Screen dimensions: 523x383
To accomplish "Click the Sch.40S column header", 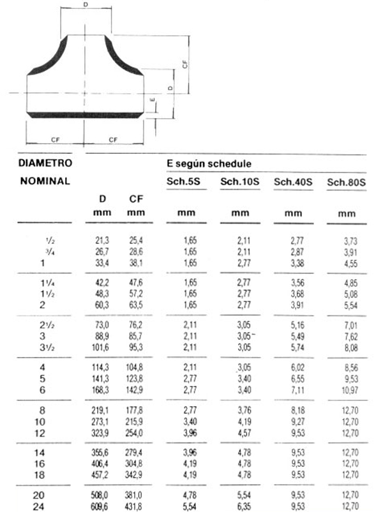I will (293, 182).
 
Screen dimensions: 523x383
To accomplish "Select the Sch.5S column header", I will (184, 182).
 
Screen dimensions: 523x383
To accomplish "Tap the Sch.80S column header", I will (347, 183).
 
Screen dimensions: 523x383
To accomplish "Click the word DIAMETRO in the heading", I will (45, 163).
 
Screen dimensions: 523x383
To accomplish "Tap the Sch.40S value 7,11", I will (293, 389).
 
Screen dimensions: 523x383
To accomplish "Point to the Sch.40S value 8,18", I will (293, 411).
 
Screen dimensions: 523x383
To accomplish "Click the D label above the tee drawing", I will (86, 5).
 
